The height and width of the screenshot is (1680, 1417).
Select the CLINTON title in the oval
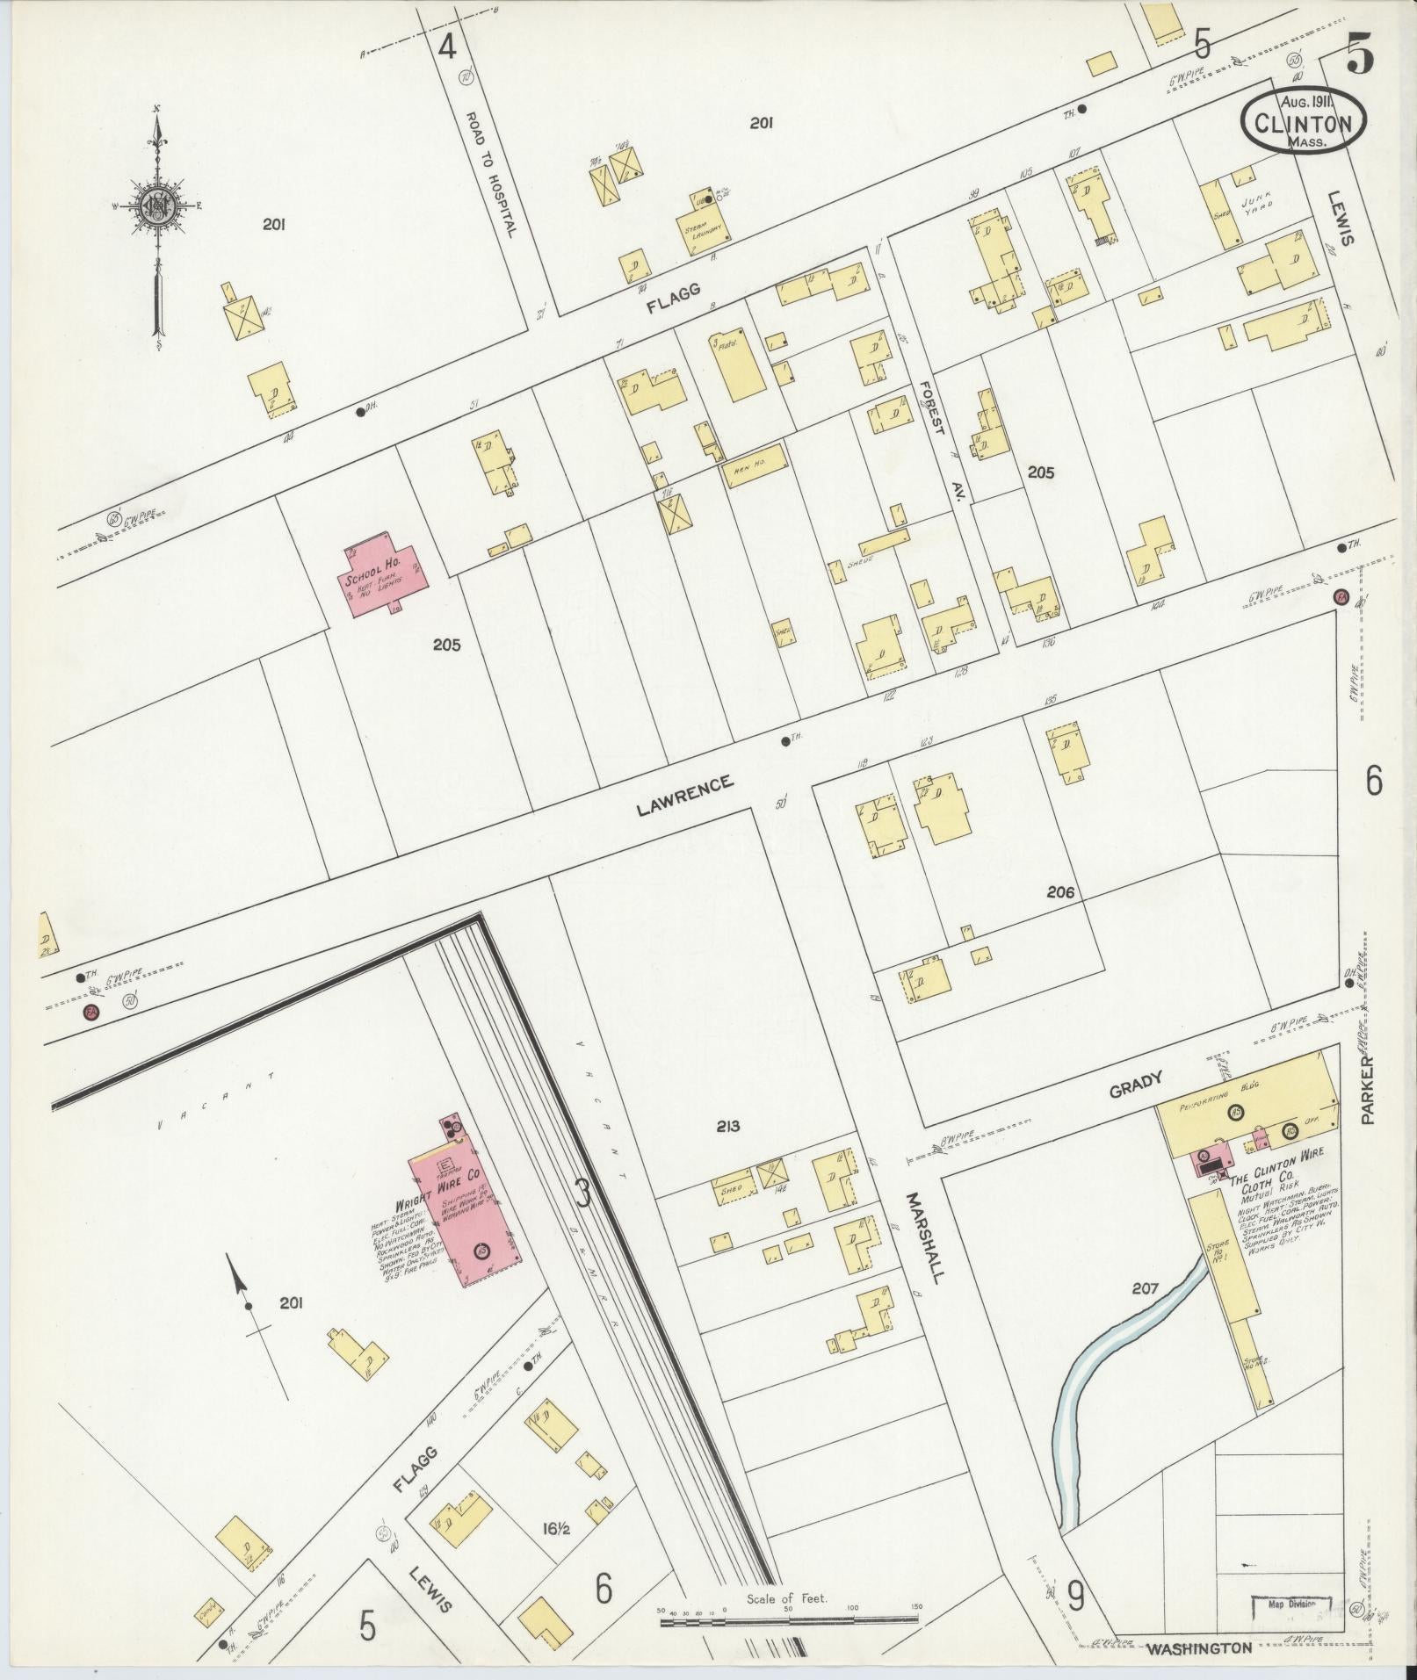(1302, 123)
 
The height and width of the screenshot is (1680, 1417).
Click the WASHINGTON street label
(1200, 1648)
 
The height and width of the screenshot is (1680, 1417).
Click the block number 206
(1060, 892)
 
